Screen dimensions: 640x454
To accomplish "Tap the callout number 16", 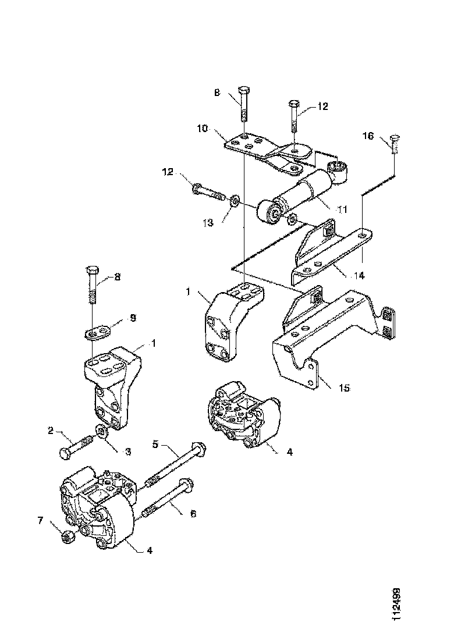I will tap(369, 137).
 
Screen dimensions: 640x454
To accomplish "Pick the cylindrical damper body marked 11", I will tap(306, 193).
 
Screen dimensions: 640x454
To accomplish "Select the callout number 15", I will tap(345, 387).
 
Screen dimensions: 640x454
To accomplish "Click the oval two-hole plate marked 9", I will tap(97, 333).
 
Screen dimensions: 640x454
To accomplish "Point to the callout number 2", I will tap(51, 431).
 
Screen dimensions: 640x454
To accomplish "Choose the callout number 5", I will tap(155, 445).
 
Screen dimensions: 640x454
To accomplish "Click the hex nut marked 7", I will tap(68, 536).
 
